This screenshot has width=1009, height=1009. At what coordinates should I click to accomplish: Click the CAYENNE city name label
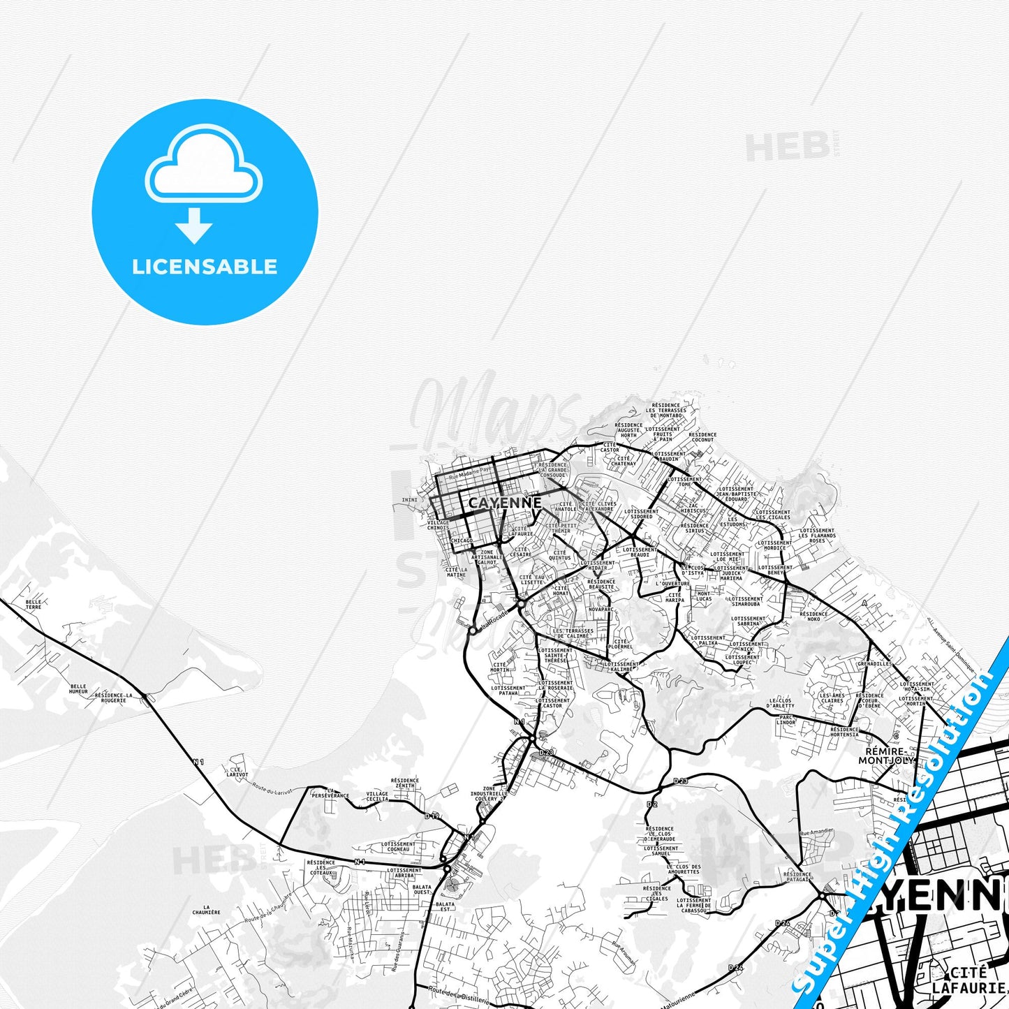504,503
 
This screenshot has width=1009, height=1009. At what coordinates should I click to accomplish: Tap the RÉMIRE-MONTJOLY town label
885,756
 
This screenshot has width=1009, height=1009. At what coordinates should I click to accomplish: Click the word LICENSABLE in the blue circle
205,267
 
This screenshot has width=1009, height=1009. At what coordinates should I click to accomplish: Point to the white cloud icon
204,166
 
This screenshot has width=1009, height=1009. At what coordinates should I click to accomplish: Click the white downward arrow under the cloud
194,226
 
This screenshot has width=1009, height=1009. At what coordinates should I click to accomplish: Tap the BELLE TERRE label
34,604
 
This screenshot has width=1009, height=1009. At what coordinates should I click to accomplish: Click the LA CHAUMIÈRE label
206,909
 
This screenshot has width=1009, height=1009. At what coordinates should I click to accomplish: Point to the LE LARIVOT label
237,772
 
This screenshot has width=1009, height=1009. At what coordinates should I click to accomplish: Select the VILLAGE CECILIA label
377,797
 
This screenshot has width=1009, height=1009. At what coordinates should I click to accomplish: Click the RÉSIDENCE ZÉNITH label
405,783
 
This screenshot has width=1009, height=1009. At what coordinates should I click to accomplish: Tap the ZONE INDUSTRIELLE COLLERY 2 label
489,794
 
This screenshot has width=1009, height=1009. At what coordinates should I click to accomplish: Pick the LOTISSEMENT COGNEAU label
398,846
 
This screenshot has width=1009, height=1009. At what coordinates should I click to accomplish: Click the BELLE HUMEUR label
78,689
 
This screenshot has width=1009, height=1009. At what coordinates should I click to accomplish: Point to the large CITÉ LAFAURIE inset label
969,980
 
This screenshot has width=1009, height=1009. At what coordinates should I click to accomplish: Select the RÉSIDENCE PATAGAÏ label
797,876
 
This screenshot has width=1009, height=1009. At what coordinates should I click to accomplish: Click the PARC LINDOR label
786,719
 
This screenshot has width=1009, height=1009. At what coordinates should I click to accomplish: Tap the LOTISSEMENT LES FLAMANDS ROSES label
817,536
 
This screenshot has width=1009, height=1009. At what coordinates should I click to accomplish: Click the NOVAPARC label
601,609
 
